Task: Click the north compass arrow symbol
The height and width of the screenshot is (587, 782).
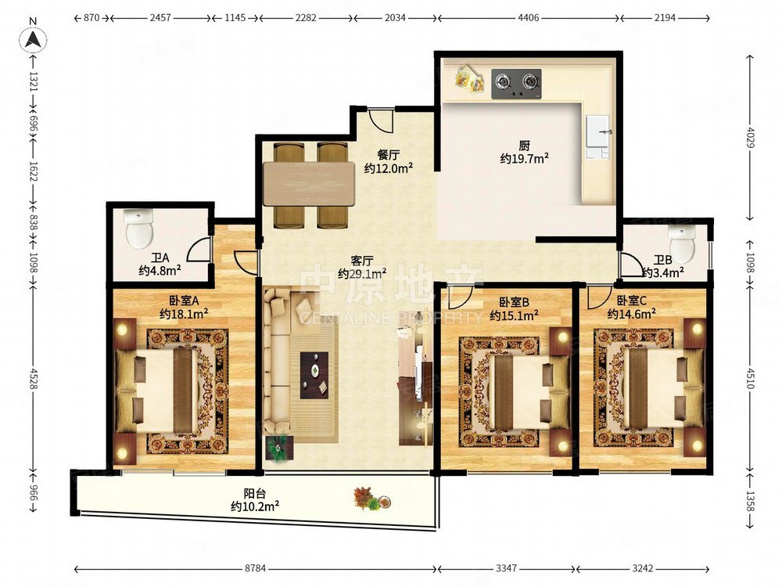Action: [33, 38]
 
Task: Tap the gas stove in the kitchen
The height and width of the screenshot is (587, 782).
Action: [517, 84]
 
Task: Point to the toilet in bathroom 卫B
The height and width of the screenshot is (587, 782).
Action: [682, 244]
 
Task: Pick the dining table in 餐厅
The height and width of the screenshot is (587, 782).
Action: [309, 183]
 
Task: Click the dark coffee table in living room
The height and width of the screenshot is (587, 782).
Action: [314, 376]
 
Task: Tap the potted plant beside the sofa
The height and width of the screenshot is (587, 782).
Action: [279, 448]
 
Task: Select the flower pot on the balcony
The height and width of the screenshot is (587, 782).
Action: [370, 499]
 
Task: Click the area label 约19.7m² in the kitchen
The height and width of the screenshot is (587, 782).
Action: [525, 159]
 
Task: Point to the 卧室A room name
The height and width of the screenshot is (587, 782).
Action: [184, 301]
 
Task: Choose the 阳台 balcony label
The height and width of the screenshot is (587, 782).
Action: [254, 494]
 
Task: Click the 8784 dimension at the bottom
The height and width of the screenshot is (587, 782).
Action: [255, 568]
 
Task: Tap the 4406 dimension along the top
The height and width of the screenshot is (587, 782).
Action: [529, 18]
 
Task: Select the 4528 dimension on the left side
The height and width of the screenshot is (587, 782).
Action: [34, 380]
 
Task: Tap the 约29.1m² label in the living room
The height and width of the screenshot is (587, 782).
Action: [362, 273]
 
